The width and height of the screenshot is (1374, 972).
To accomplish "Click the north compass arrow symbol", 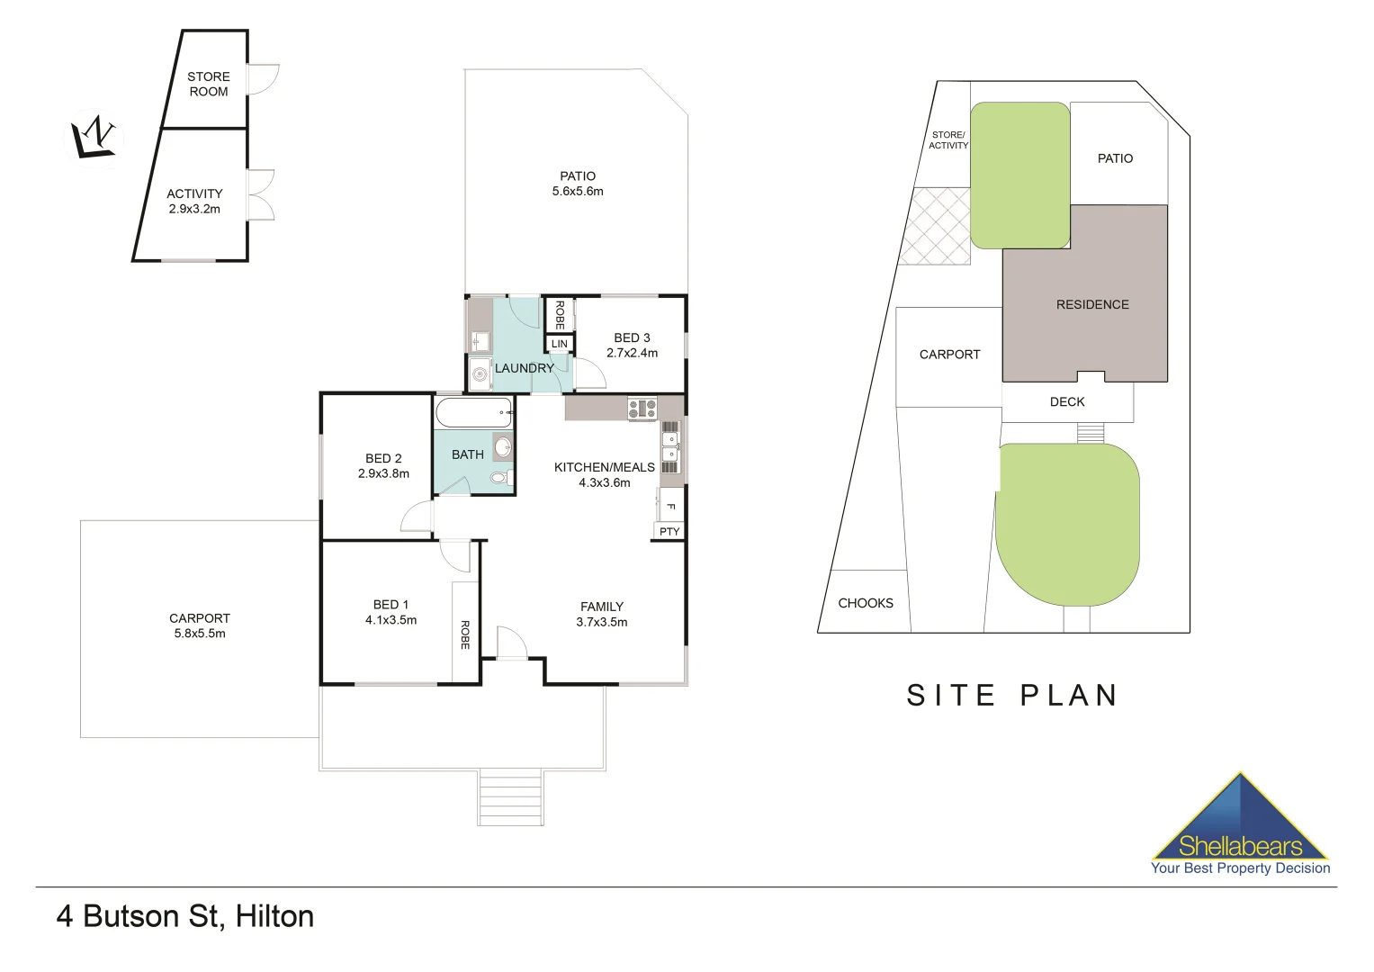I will coord(94,137).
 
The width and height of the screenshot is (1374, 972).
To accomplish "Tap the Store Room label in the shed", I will coord(208,84).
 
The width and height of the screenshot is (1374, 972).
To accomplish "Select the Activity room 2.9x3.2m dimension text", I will coord(194,209).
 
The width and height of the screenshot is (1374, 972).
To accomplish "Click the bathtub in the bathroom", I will coord(473,413).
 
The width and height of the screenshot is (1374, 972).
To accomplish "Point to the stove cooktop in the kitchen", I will coord(642,409).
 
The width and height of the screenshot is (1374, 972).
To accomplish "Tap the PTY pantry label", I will coord(669,532).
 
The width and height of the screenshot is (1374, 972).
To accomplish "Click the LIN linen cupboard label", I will coord(559,344).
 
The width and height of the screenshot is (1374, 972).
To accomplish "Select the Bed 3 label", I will coord(632,337).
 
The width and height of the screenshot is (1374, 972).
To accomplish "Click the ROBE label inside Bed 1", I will coord(465,634).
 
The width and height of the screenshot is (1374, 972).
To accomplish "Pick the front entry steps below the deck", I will coord(510,797).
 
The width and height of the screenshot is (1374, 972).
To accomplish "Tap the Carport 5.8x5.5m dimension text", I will coord(200,634).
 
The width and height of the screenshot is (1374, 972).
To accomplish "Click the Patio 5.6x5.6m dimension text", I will coord(578,192).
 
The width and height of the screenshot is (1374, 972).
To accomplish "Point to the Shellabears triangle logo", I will coord(1240,819).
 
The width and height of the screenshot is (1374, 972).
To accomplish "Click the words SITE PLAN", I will coord(1012,695).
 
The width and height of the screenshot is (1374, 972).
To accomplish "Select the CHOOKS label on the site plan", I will coord(866,603).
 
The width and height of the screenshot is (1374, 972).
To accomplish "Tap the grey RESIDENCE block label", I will coord(1092,304).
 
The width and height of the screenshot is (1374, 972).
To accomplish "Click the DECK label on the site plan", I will coord(1067,402).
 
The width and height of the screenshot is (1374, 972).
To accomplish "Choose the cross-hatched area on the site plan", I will coord(937,226).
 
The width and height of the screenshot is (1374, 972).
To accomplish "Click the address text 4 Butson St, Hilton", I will coord(185,916).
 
